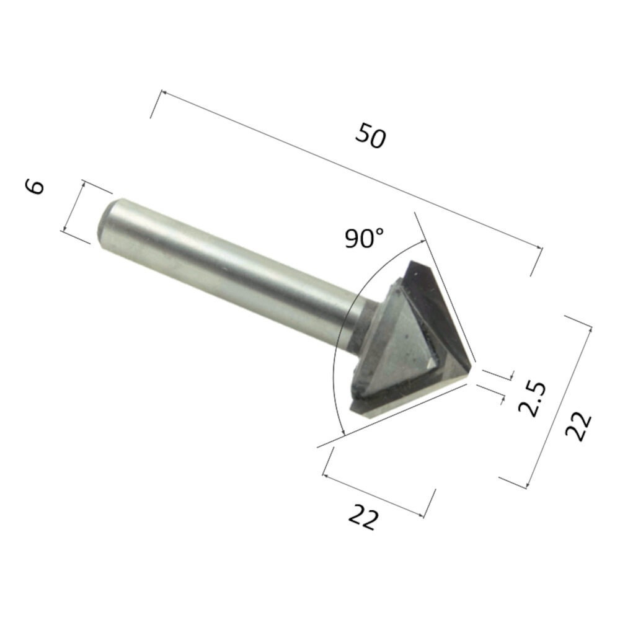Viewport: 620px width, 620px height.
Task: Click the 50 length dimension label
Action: tap(371, 136)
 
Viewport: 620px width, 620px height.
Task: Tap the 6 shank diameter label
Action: tap(36, 185)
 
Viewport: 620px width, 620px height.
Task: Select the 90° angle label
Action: tap(365, 238)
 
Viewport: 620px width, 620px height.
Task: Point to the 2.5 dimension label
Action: tap(531, 399)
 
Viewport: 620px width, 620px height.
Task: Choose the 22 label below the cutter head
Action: tap(363, 516)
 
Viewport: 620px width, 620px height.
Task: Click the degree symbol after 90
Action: tap(379, 233)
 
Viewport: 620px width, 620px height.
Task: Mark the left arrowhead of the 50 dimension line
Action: tap(163, 93)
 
